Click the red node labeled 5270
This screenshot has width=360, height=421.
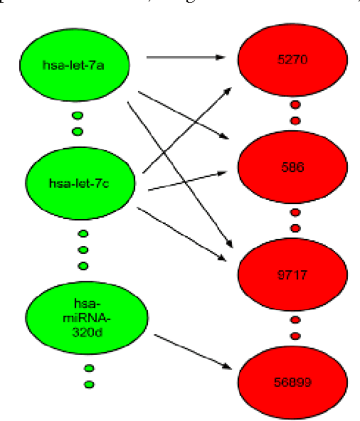[x=292, y=60]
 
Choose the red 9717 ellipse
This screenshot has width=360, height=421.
[x=292, y=275]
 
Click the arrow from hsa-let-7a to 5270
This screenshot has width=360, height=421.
[x=189, y=57]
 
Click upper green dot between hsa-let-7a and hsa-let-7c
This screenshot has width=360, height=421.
[x=78, y=116]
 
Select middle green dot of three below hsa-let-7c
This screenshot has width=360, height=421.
[x=83, y=250]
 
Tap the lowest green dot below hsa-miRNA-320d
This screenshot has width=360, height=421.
[x=89, y=385]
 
